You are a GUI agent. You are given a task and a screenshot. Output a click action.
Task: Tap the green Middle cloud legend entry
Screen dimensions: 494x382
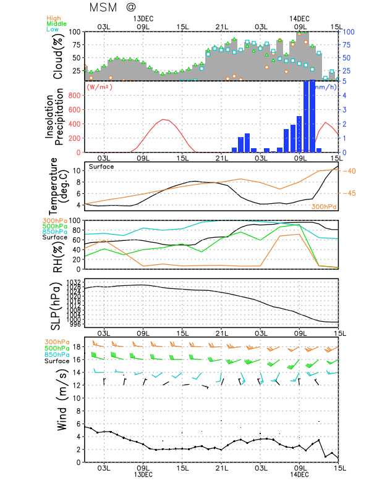pyautogui.click(x=56, y=23)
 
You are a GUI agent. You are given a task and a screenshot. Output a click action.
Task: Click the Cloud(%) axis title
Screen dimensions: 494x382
pyautogui.click(x=59, y=56)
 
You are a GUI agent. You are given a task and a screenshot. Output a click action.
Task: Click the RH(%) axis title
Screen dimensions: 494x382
pyautogui.click(x=59, y=245)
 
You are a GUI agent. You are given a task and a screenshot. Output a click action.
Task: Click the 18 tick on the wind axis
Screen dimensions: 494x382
pyautogui.click(x=76, y=347)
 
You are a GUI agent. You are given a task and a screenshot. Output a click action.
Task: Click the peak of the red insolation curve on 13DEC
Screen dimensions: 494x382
pyautogui.click(x=164, y=119)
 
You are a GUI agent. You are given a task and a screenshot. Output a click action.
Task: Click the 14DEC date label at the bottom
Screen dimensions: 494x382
pyautogui.click(x=299, y=474)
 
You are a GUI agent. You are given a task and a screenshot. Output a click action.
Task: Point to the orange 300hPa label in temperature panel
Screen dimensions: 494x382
pyautogui.click(x=323, y=206)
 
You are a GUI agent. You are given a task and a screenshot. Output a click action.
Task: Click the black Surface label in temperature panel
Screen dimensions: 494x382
pyautogui.click(x=101, y=167)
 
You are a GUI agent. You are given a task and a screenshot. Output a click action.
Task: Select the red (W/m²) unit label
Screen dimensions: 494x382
pyautogui.click(x=100, y=87)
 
